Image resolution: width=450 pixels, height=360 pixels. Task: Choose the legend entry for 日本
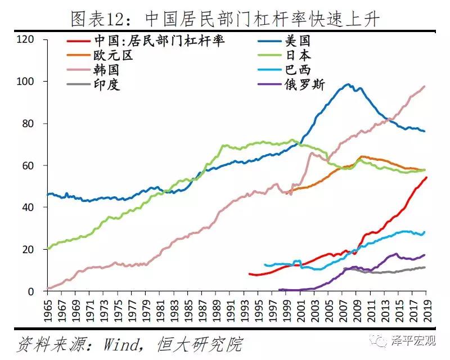point(298,56)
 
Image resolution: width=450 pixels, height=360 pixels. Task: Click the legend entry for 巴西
point(298,71)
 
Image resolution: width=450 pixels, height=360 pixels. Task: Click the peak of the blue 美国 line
point(348,85)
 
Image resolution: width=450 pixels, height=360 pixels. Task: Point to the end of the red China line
point(426,177)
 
